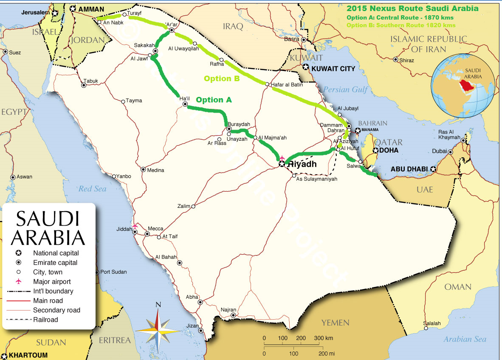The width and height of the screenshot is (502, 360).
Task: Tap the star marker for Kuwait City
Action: coord(306,67)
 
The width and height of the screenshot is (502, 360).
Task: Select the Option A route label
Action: coord(214,100)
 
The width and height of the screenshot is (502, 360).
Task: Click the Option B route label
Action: coord(222,79)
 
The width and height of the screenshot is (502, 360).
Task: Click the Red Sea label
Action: coord(92,188)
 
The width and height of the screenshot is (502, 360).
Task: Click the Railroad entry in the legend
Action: coord(45,320)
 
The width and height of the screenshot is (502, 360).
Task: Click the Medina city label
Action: coord(155,170)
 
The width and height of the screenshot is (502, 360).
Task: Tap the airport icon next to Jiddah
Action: coord(135,226)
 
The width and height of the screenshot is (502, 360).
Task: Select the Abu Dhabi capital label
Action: coord(409,169)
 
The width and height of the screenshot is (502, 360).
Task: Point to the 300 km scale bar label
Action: coord(323,338)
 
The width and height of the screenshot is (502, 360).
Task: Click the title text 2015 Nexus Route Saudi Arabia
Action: coord(412,9)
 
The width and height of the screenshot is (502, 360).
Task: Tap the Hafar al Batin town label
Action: coord(288,85)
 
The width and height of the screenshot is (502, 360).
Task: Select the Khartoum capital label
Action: coord(28,355)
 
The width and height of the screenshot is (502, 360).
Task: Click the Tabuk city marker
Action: coord(84,85)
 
